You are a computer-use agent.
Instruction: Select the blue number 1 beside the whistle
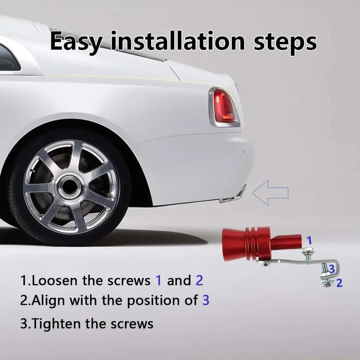pos(309,240)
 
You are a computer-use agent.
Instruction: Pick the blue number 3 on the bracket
pos(331,269)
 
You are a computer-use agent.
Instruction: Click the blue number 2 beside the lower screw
pos(339,283)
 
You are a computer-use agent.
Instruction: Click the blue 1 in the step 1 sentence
pos(158,281)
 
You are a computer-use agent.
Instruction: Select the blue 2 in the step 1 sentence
pos(199,281)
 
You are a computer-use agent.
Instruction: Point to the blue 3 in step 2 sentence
pos(205,300)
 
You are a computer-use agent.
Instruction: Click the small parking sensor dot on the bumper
pos(243,152)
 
